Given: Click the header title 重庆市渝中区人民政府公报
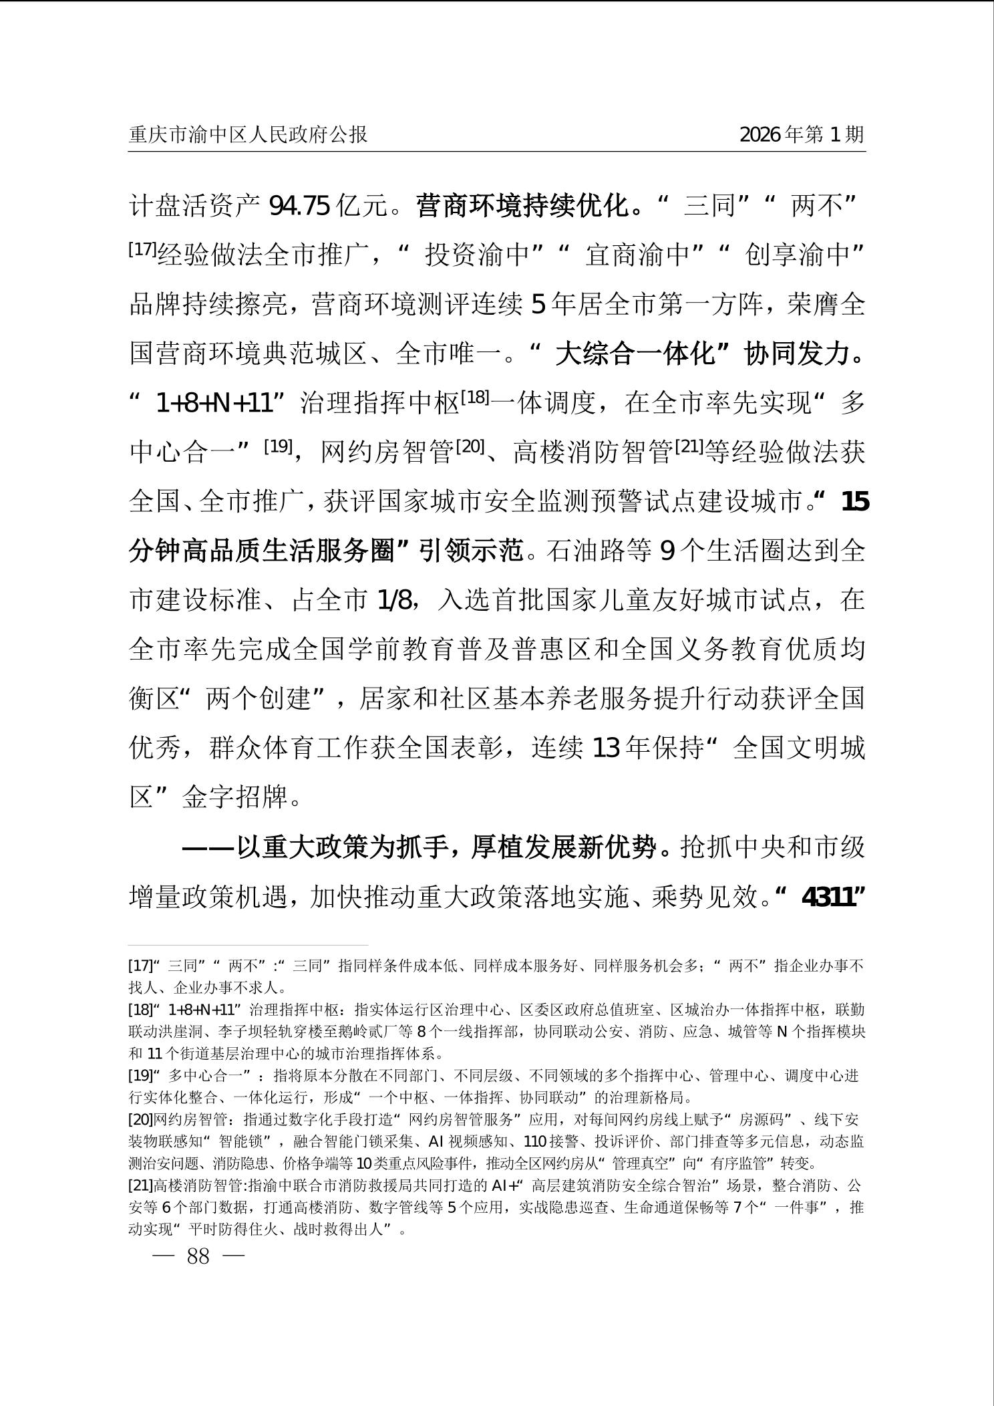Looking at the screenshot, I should [248, 135].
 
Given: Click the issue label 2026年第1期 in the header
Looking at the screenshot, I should [802, 135].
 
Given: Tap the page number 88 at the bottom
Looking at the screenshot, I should [198, 1256].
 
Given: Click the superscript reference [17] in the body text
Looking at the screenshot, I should [142, 249].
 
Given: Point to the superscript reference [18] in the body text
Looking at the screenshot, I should [475, 397].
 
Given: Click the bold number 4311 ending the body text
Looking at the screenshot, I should [828, 897].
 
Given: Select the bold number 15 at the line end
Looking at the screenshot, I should [855, 502].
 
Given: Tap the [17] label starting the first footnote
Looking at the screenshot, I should [140, 966].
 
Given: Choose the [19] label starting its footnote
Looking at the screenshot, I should [140, 1076].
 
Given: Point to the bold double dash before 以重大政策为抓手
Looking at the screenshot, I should [208, 848].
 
